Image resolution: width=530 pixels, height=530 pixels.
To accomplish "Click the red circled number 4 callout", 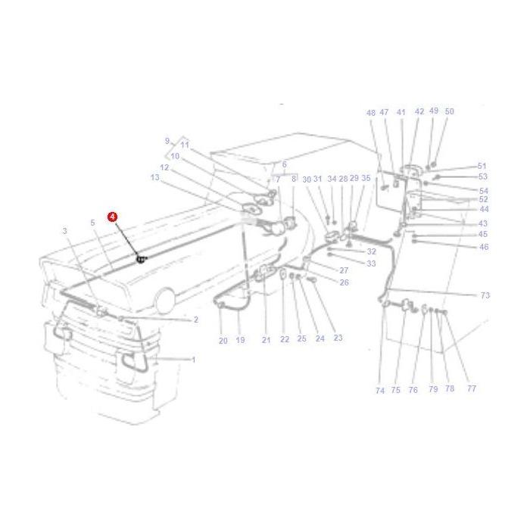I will click(x=113, y=217).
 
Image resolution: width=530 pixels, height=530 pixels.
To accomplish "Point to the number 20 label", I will click(x=223, y=341).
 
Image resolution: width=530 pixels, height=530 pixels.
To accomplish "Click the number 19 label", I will click(x=241, y=341).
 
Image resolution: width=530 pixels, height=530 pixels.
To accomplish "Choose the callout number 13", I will click(x=155, y=178).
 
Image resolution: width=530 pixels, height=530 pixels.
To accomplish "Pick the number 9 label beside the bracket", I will click(x=167, y=141).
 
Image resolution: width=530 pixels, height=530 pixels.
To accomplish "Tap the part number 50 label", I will click(x=449, y=111).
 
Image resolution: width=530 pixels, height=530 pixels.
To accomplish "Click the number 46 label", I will click(x=484, y=247).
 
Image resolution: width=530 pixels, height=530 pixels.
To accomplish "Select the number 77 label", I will click(x=471, y=388).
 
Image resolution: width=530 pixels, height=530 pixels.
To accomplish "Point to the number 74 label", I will click(x=379, y=391).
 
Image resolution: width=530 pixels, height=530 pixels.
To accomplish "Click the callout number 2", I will click(x=195, y=320).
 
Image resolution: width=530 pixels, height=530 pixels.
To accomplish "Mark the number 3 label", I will click(x=65, y=231).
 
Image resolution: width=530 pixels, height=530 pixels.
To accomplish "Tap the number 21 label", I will click(x=266, y=341).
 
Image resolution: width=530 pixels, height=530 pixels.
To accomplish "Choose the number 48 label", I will click(x=371, y=113).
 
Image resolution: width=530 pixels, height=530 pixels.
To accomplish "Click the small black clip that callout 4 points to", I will click(x=140, y=260).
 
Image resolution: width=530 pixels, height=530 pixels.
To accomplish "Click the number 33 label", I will click(x=370, y=263).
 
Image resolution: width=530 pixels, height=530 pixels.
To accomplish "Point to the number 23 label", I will click(x=338, y=338).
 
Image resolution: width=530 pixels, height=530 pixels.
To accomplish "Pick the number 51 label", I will click(x=482, y=166).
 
